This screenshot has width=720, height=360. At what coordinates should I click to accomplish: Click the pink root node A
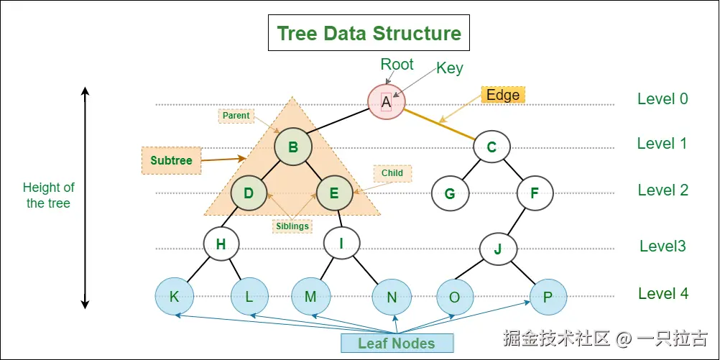(386, 102)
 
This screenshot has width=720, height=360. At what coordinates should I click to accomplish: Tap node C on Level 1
(491, 148)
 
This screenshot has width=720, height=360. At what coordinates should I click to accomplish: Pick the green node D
(249, 193)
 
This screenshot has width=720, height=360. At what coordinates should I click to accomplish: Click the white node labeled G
(450, 193)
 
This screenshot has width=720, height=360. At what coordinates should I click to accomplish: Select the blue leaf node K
(174, 296)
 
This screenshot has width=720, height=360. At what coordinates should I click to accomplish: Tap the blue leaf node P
(548, 296)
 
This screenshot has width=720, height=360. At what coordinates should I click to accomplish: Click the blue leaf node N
(392, 296)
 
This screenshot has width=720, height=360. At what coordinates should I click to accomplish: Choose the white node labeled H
(221, 244)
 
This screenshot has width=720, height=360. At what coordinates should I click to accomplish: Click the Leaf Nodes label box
(397, 343)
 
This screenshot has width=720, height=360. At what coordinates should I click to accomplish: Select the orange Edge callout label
(502, 96)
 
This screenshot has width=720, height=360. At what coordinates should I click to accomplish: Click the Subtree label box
(171, 160)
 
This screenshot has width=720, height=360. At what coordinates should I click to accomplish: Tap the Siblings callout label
(292, 226)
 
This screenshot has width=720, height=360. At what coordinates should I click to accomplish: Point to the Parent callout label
(236, 116)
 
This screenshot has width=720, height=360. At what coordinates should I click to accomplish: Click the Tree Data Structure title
(369, 34)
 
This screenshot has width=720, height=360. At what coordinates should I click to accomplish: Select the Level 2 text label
(663, 190)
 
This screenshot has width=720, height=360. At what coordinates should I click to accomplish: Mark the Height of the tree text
(49, 195)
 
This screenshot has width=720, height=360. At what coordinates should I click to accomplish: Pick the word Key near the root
(450, 69)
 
